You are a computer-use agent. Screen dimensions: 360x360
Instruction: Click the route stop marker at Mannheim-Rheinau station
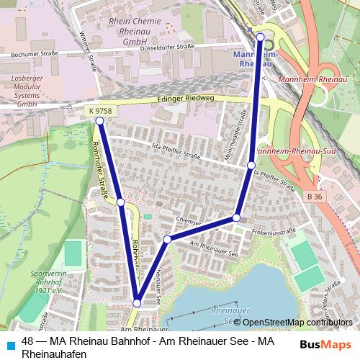(x=260, y=37)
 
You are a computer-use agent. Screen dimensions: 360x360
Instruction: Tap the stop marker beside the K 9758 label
(x=100, y=121)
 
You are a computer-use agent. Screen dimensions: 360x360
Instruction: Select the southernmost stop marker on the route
(x=137, y=304)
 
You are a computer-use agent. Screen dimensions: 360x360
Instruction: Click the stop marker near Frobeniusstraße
(x=236, y=217)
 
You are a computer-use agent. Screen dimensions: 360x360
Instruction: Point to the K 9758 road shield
(x=98, y=110)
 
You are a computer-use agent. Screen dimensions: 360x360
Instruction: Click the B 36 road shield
(x=313, y=196)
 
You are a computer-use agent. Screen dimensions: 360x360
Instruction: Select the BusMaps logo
(x=325, y=345)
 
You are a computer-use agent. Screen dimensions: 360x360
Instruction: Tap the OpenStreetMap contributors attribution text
(x=297, y=323)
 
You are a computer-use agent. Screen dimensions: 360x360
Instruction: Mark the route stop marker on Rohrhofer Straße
(x=121, y=203)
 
